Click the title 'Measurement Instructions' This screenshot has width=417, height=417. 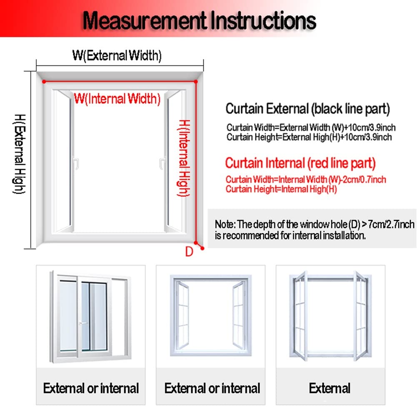tap(200, 20)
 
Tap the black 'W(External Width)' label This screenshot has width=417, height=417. tap(117, 55)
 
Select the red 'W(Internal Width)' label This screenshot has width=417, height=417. tap(117, 99)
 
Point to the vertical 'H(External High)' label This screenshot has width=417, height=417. tap(20, 154)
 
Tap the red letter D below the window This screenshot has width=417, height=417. tap(189, 252)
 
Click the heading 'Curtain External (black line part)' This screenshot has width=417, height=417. tap(308, 109)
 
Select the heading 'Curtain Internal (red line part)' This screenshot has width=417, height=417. tap(300, 163)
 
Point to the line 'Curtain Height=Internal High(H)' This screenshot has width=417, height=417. tap(281, 189)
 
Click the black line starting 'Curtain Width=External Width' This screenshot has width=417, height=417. tap(311, 127)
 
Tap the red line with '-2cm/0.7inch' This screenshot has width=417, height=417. tap(306, 180)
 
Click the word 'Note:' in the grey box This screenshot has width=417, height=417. tap(225, 224)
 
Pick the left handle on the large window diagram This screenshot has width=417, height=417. tap(76, 163)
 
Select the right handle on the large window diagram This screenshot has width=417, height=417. tap(162, 164)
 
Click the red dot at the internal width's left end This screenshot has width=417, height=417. tap(44, 82)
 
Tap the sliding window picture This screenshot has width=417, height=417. tap(90, 317)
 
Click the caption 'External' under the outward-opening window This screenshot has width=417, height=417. tap(330, 388)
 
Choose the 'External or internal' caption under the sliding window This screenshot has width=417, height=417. tap(91, 388)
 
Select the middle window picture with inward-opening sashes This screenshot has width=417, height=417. tap(211, 316)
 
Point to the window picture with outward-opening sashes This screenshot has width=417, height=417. tap(330, 316)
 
